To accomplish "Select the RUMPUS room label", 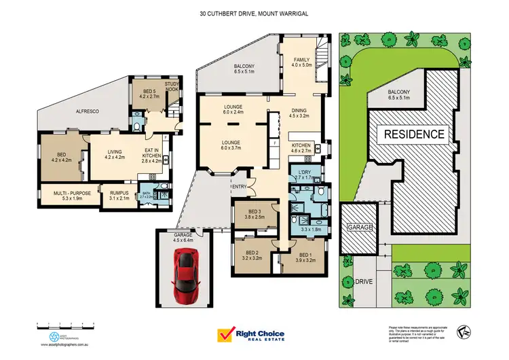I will (x=119, y=196).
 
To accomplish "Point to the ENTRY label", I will (x=240, y=187).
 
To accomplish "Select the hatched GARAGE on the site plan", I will (x=358, y=228).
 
